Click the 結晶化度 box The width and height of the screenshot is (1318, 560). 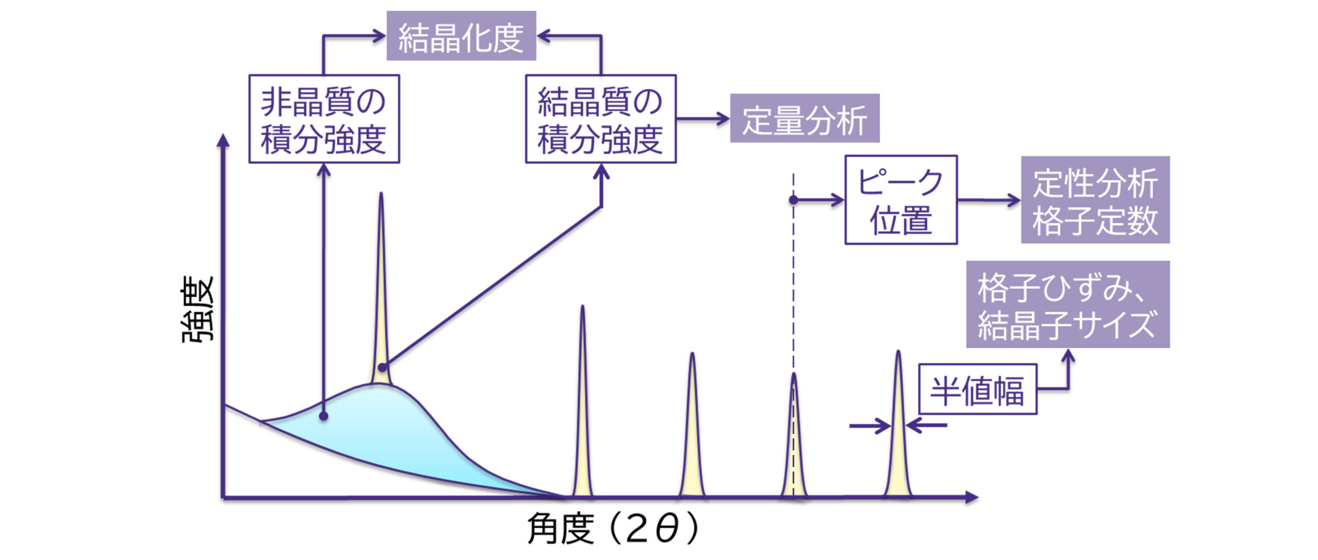[461, 36]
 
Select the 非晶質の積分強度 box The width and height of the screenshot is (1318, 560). [324, 119]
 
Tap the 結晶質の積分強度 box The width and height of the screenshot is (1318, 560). [600, 119]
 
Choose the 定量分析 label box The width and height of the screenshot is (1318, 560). [804, 118]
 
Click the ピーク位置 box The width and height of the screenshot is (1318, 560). [900, 200]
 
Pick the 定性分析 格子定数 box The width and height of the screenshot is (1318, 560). [1095, 200]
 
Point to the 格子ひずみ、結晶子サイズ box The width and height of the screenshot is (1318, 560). [1067, 304]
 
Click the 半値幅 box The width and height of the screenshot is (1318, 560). [977, 389]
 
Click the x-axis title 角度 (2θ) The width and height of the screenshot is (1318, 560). [613, 528]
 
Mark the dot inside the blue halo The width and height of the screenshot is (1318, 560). [323, 416]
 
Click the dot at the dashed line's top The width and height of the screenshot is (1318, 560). [793, 199]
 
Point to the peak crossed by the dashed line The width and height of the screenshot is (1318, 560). [793, 438]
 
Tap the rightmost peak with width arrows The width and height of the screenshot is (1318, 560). [898, 428]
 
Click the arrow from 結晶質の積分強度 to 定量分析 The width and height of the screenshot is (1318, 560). [703, 119]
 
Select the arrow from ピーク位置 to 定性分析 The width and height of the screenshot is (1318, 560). [989, 200]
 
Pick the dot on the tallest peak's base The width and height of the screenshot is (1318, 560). [383, 367]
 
